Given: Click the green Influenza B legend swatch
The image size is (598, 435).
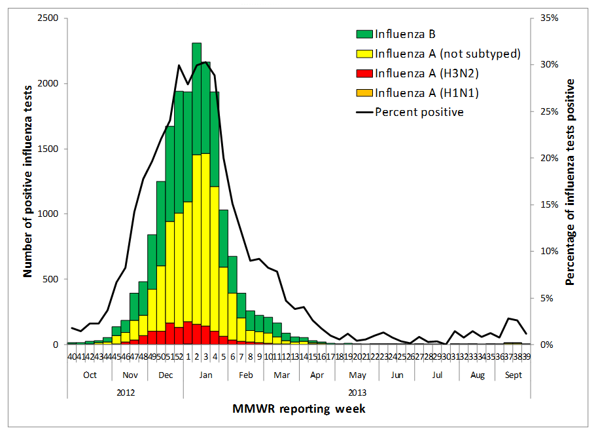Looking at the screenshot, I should coord(364,33).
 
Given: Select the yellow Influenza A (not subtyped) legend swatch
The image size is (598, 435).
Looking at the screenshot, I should coord(364,53).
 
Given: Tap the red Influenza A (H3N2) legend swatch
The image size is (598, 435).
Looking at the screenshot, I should coord(364,73).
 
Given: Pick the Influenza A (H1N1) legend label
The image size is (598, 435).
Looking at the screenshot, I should coord(427,92).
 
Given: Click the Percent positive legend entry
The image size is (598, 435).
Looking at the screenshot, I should coord(419,112).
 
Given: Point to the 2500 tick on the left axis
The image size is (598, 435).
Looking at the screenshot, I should coord(47,18).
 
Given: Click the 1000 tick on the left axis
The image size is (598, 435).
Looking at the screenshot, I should coord(47,214).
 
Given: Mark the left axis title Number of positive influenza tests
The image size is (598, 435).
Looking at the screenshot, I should coord(28,181).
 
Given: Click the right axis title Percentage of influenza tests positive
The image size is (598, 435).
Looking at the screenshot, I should coord(570,181).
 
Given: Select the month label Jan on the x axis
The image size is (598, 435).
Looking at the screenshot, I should coord(206,375).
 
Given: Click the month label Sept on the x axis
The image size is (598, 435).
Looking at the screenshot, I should coord(513,375).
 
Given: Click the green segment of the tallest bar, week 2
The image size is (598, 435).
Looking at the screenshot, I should coord(196,98).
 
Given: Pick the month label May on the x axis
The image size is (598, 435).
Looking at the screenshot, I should coord(357,375).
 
